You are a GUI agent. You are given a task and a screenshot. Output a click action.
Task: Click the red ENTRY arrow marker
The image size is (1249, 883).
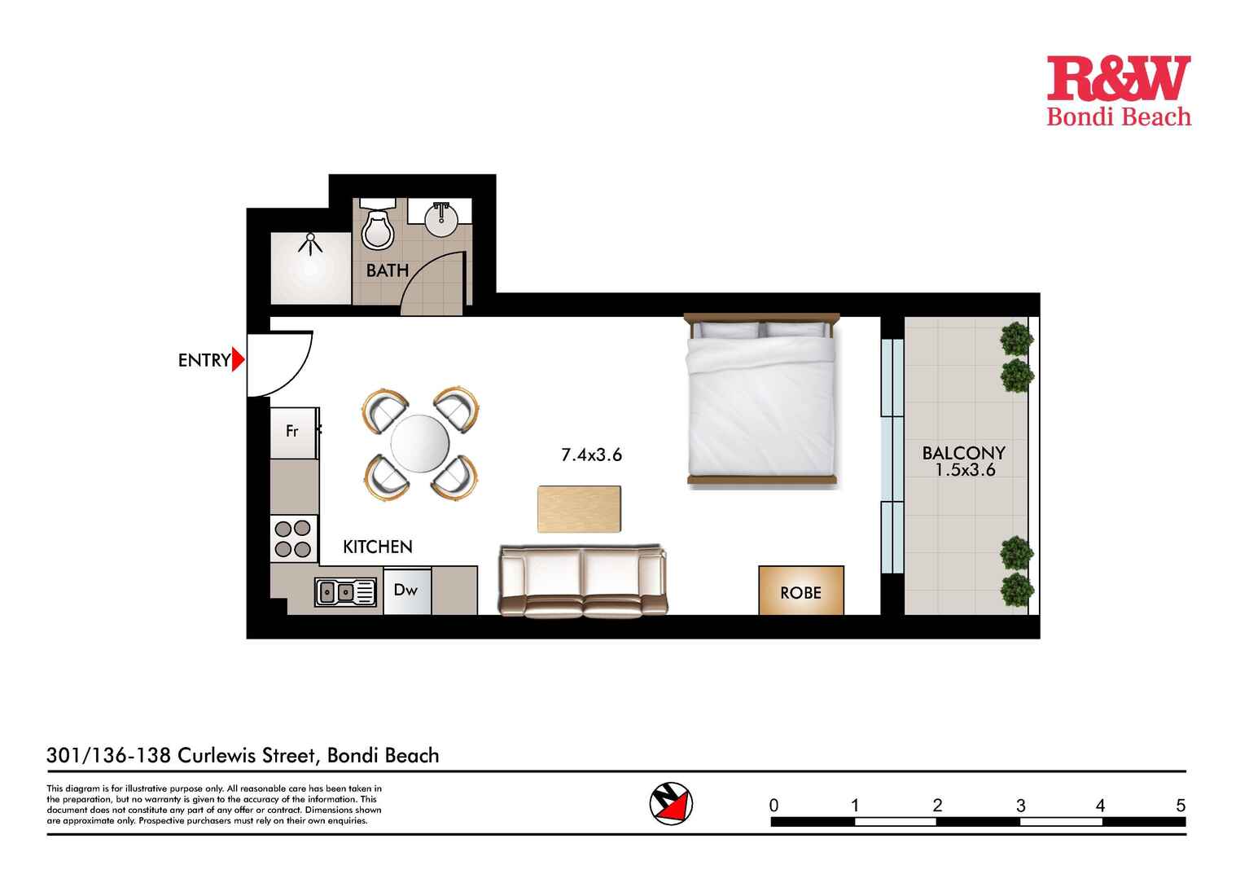coord(238,359)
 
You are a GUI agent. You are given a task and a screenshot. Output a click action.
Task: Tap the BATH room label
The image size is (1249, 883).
coord(387,270)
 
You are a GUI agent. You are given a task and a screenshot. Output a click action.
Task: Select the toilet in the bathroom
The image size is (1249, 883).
coord(377,227)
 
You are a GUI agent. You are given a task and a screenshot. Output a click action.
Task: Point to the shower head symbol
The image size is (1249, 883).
coord(309,243)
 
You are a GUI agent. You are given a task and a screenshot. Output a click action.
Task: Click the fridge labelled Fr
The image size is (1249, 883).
coord(292,432)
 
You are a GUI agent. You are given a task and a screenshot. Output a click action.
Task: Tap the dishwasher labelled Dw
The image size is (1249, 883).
coord(405,590)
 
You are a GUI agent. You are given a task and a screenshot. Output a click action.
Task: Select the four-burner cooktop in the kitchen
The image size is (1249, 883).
coord(293,538)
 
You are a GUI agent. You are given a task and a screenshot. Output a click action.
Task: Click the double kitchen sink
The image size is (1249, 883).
coord(346,592)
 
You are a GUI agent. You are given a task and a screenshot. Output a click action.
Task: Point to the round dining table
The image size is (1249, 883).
coord(419,444)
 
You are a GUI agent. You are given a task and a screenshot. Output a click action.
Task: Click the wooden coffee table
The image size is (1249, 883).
coord(579,509)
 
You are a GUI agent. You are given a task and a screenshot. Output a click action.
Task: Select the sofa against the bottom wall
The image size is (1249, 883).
coord(583,581)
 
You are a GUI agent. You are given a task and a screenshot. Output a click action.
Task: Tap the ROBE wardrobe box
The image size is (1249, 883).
coord(800,591)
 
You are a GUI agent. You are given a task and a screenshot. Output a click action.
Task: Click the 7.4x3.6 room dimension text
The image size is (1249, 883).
coord(591,455)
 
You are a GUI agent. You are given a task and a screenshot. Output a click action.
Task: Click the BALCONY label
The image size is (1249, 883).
coord(963,453)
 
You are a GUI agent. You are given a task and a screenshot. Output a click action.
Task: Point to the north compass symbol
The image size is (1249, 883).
coord(671,803)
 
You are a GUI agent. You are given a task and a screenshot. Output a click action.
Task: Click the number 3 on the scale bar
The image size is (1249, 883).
coord(1020,806)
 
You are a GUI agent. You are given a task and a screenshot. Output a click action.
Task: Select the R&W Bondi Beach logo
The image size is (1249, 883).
coord(1118,90)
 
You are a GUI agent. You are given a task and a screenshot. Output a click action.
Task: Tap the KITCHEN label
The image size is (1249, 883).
coord(377,547)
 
